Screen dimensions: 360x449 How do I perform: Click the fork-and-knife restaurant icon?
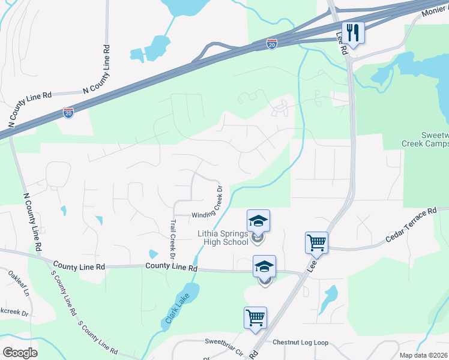click(x=354, y=33)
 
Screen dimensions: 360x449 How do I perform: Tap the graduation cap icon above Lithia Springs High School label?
click(x=258, y=221)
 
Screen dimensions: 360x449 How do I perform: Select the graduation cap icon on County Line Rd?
click(x=264, y=266)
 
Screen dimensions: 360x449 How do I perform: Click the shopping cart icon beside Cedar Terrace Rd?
click(x=316, y=243)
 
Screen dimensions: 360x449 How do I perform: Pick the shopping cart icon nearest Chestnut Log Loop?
click(x=255, y=318)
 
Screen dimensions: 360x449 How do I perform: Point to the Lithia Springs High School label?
click(x=223, y=238)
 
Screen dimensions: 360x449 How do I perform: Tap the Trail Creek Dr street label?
click(x=172, y=238)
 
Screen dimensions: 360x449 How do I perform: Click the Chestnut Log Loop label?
click(x=300, y=343)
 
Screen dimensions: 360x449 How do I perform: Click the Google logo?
click(x=20, y=352)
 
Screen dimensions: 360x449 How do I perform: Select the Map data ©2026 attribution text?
click(x=423, y=355)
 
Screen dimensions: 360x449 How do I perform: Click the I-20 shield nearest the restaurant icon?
click(x=272, y=44)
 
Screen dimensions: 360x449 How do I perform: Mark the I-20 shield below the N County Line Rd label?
click(x=68, y=112)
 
